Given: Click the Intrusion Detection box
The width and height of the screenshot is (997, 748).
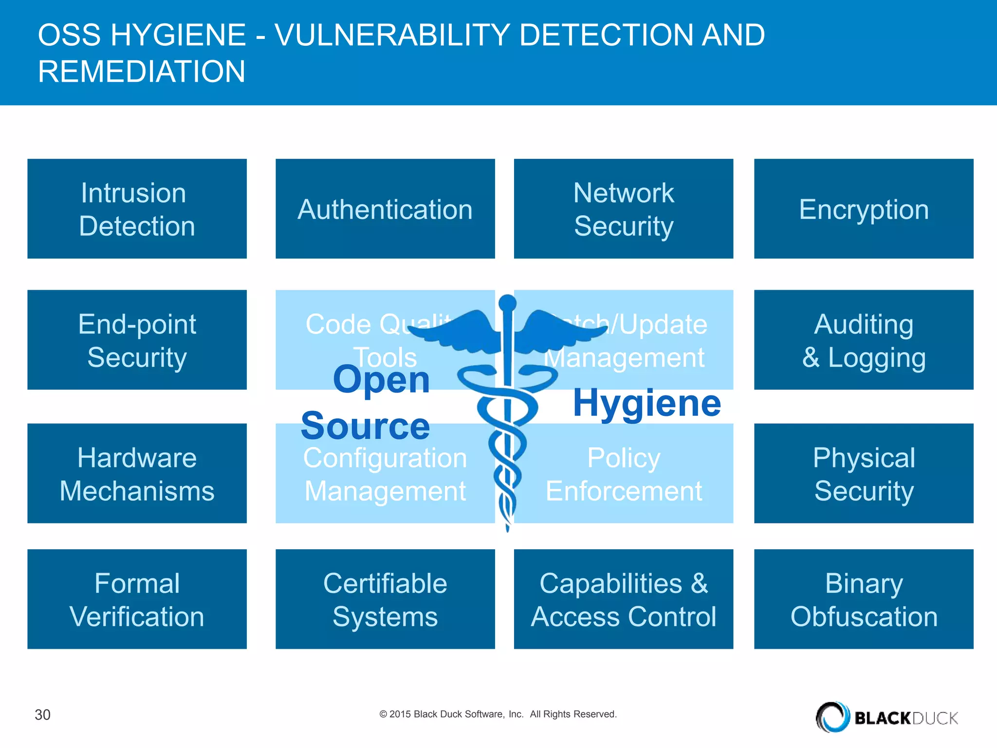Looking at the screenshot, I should (137, 209).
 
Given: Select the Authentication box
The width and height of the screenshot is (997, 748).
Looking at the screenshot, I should (385, 209).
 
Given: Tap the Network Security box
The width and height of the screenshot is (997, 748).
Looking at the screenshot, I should (623, 209).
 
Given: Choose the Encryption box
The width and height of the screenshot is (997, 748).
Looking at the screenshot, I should (864, 209).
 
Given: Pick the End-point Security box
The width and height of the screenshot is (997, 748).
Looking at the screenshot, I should (137, 340).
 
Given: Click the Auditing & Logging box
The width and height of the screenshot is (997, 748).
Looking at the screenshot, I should (864, 340).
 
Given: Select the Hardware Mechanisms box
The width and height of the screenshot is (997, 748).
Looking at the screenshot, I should (137, 473).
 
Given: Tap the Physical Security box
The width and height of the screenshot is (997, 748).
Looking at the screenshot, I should (864, 473).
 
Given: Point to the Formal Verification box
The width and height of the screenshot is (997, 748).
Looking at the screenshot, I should (137, 599).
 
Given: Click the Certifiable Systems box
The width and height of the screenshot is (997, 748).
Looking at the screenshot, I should (385, 599).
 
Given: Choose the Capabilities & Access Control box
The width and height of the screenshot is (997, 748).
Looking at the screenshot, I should (623, 599).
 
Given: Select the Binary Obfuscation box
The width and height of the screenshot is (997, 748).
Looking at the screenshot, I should (864, 599).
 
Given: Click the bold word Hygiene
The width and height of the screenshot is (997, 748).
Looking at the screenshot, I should (646, 403).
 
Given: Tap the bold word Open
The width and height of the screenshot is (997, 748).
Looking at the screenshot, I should (381, 380).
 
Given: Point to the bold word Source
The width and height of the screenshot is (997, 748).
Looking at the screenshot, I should (365, 426).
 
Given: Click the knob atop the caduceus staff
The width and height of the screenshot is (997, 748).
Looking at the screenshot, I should (507, 303).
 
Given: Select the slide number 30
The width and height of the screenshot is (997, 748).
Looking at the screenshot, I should (42, 714).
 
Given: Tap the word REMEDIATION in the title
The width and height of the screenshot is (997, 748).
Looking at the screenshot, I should (142, 72).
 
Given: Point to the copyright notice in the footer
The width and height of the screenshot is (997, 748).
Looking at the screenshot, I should (498, 714).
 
